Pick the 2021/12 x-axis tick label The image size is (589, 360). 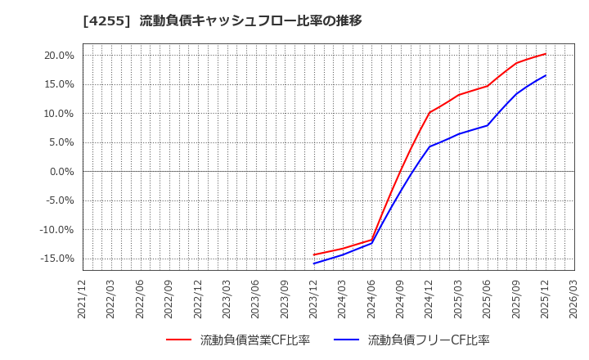pyautogui.click(x=83, y=298)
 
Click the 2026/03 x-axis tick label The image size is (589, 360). pyautogui.click(x=574, y=298)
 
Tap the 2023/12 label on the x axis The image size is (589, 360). pyautogui.click(x=314, y=298)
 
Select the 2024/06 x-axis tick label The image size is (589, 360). pyautogui.click(x=372, y=298)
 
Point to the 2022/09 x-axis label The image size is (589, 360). pyautogui.click(x=169, y=298)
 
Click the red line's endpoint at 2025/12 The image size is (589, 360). pyautogui.click(x=546, y=54)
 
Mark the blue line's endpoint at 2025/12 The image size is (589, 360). pyautogui.click(x=546, y=75)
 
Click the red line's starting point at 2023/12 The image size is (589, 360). pyautogui.click(x=314, y=254)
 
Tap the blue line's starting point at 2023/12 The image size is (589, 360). pyautogui.click(x=314, y=263)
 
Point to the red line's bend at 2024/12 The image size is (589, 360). pyautogui.click(x=429, y=112)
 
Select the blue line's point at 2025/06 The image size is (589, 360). pyautogui.click(x=488, y=125)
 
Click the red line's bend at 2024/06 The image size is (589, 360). pyautogui.click(x=372, y=240)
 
